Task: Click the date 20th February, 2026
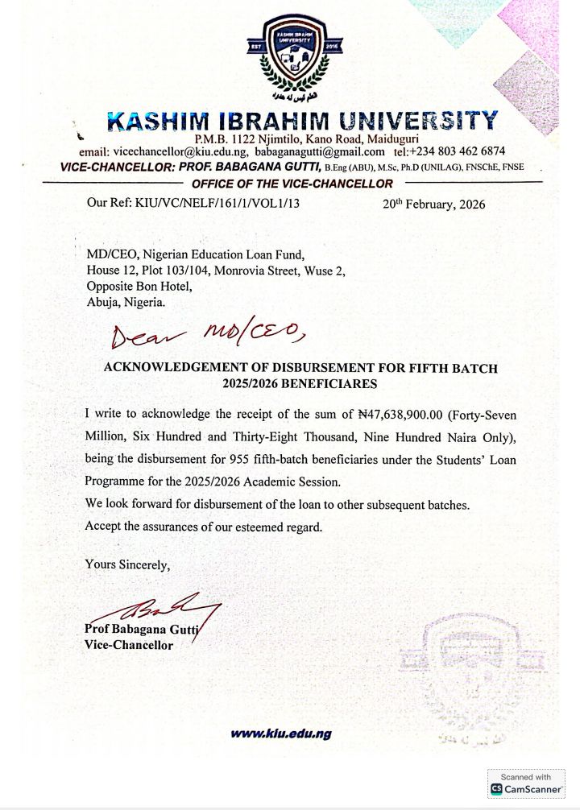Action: (x=434, y=204)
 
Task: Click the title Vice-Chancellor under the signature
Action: (x=129, y=645)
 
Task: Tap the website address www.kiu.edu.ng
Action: (x=281, y=734)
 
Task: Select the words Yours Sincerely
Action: (x=127, y=564)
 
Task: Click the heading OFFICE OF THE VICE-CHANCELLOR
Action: (x=292, y=184)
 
